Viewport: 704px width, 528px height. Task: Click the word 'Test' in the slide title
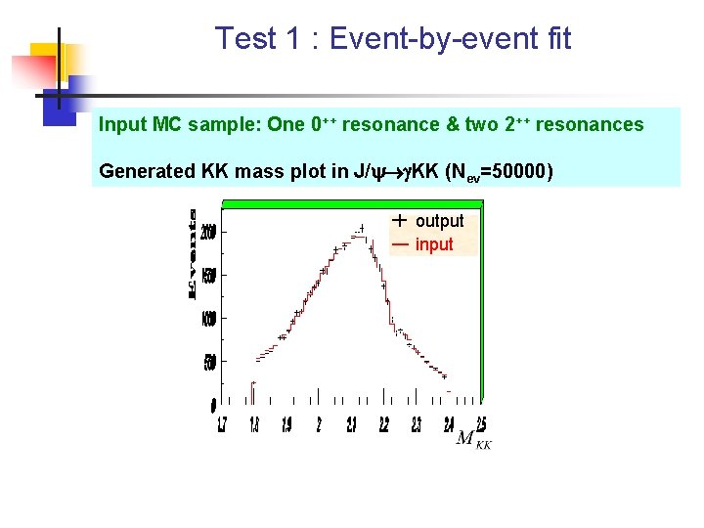tap(245, 38)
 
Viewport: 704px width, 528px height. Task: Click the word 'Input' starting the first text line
tap(123, 124)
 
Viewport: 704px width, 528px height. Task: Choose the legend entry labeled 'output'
tap(439, 221)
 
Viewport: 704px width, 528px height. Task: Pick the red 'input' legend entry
tap(433, 244)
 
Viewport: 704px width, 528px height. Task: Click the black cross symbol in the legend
tap(399, 220)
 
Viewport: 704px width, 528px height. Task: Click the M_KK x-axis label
tap(473, 439)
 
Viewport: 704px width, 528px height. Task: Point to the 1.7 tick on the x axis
tap(223, 425)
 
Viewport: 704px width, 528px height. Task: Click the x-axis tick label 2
tap(319, 425)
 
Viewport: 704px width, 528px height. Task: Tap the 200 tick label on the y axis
tap(208, 234)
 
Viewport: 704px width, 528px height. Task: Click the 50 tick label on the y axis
tap(210, 363)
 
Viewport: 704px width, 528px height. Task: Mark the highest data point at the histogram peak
tap(361, 229)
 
